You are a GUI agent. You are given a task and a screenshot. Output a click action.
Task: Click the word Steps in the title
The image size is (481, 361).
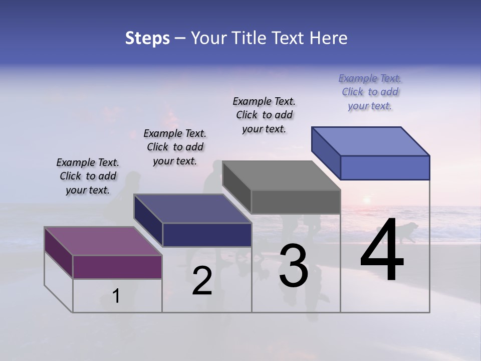tap(147, 38)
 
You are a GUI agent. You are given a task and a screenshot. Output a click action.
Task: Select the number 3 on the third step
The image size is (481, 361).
tap(294, 266)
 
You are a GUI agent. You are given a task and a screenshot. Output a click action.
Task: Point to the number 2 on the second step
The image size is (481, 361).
tap(202, 281)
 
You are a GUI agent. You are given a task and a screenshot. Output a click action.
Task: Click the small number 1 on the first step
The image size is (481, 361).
tap(116, 296)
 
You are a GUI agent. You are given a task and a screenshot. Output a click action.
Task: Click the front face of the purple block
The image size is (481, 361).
tap(117, 267)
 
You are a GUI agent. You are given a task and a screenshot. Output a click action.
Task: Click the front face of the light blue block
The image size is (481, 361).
tap(385, 167)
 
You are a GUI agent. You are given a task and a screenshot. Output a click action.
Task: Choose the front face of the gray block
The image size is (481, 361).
tap(296, 202)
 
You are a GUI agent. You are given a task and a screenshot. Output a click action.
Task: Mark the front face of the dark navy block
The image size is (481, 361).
tap(207, 235)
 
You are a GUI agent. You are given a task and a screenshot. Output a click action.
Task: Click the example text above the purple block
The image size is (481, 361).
tap(88, 176)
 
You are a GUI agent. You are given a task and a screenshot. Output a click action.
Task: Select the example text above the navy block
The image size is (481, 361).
tap(175, 147)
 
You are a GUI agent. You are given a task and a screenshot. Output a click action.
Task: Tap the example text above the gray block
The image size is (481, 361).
tap(264, 115)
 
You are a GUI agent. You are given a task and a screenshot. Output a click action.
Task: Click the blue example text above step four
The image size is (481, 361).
tap(370, 92)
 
